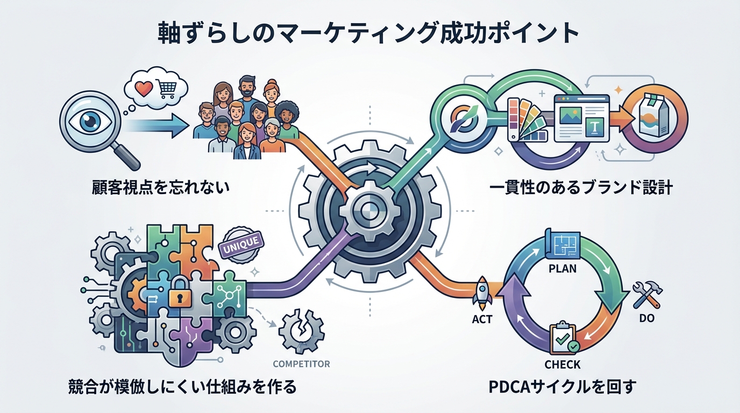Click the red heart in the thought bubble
(x=143, y=88)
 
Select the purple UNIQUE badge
(x=241, y=243)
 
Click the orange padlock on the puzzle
(x=181, y=294)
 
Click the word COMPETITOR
(x=301, y=364)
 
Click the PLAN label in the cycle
(x=563, y=268)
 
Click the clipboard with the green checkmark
(x=563, y=337)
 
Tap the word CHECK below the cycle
(x=563, y=365)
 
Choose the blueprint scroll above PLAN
(x=563, y=243)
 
